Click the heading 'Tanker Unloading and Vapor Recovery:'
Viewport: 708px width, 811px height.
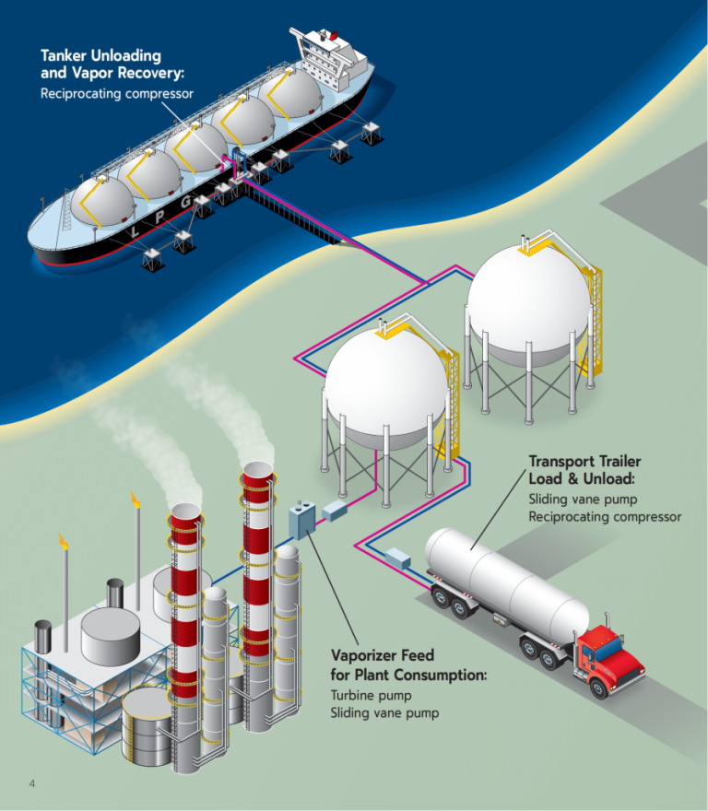coord(101,64)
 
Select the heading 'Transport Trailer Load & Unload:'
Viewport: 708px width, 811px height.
coord(584,469)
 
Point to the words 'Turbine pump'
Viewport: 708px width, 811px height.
coord(371,695)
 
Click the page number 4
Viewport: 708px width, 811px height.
coord(32,783)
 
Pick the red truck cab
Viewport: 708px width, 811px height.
coord(609,656)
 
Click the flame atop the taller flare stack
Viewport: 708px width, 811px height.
coord(136,499)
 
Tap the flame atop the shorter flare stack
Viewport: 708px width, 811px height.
coord(63,540)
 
